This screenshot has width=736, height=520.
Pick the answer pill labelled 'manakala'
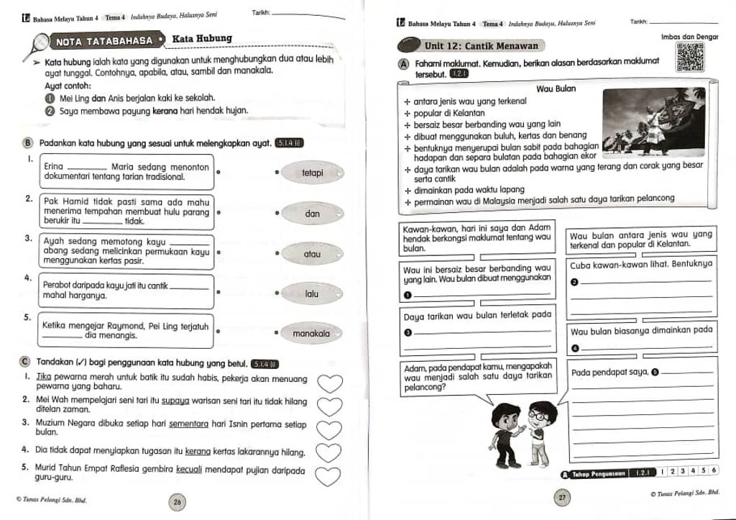tap(311, 334)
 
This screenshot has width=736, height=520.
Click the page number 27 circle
tap(563, 497)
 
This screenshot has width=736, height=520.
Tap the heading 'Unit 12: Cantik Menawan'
tap(491, 46)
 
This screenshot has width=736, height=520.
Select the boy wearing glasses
tap(537, 432)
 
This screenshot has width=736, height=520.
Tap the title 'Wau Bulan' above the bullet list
tap(556, 88)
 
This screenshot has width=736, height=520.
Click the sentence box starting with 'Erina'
tap(126, 171)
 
